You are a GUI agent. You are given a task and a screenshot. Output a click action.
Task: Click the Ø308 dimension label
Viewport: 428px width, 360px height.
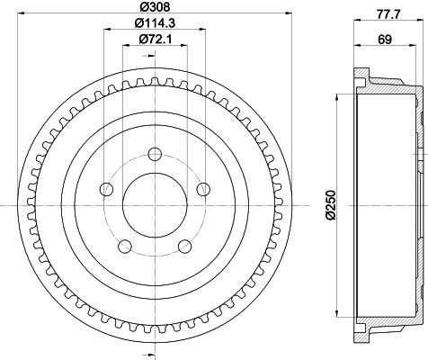155,6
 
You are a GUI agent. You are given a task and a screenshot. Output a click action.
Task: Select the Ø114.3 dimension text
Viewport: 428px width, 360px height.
155,22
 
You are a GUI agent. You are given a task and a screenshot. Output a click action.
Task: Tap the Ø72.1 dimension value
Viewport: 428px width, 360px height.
155,39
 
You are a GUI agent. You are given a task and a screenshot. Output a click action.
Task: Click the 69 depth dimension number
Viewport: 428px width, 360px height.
385,40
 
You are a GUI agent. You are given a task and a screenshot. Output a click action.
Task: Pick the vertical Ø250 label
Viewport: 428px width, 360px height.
330,205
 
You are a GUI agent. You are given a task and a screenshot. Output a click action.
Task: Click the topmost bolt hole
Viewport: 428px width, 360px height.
155,154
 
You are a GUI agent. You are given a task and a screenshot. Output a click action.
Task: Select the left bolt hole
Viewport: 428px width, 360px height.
106,189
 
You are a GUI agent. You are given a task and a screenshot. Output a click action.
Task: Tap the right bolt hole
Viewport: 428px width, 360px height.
203,189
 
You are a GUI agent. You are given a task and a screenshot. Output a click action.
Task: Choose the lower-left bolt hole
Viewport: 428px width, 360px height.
125,247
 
